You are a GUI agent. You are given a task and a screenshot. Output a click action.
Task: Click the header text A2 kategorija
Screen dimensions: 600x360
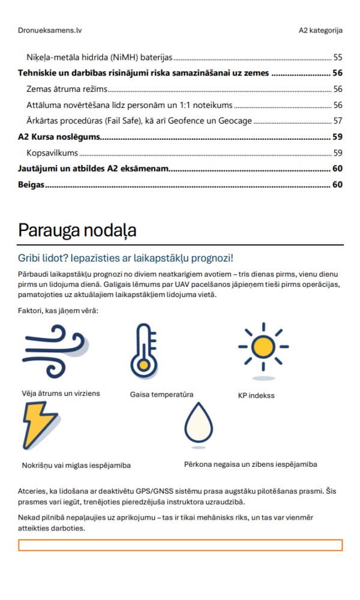(x=320, y=29)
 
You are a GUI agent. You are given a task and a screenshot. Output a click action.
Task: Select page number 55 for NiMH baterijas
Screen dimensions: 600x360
(x=337, y=58)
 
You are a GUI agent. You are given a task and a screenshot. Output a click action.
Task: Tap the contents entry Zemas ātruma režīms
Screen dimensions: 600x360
(x=67, y=89)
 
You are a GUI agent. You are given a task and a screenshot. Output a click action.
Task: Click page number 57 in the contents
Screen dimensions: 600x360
(x=337, y=121)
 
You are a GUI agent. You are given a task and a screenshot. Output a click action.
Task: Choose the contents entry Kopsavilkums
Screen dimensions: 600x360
(x=53, y=152)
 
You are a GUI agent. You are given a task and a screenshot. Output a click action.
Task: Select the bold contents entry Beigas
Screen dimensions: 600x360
(x=31, y=185)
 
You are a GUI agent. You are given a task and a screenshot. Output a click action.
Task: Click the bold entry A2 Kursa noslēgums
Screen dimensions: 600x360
(x=59, y=137)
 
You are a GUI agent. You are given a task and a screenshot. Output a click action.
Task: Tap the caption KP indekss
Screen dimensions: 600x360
(x=256, y=395)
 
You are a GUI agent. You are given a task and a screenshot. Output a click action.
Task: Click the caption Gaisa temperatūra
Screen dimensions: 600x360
(x=161, y=394)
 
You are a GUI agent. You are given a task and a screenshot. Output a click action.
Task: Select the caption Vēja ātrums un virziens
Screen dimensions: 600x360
(x=61, y=393)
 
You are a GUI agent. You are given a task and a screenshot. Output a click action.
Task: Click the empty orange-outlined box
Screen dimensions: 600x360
(x=180, y=545)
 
